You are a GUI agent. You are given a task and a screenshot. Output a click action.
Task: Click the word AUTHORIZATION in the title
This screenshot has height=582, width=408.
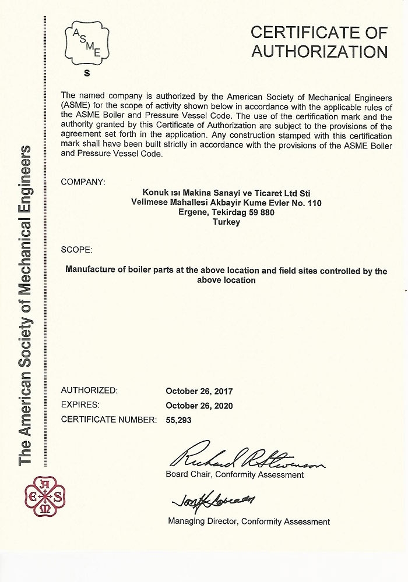coord(319,51)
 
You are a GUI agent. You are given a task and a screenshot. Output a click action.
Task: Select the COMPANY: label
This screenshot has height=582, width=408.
coord(83,182)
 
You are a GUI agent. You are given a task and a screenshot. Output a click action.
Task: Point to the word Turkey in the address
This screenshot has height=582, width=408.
coord(227,222)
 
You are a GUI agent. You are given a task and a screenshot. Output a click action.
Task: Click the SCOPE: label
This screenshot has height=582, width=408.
coord(76,250)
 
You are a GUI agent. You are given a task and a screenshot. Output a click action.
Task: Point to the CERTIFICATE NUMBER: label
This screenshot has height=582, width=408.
coord(108,419)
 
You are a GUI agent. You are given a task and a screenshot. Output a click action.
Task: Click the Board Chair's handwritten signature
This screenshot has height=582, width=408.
coord(245,460)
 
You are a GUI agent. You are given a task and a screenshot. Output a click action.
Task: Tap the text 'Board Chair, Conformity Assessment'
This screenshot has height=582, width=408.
coord(235,475)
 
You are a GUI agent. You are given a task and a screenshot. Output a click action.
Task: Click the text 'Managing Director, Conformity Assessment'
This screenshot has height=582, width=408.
coord(249,521)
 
